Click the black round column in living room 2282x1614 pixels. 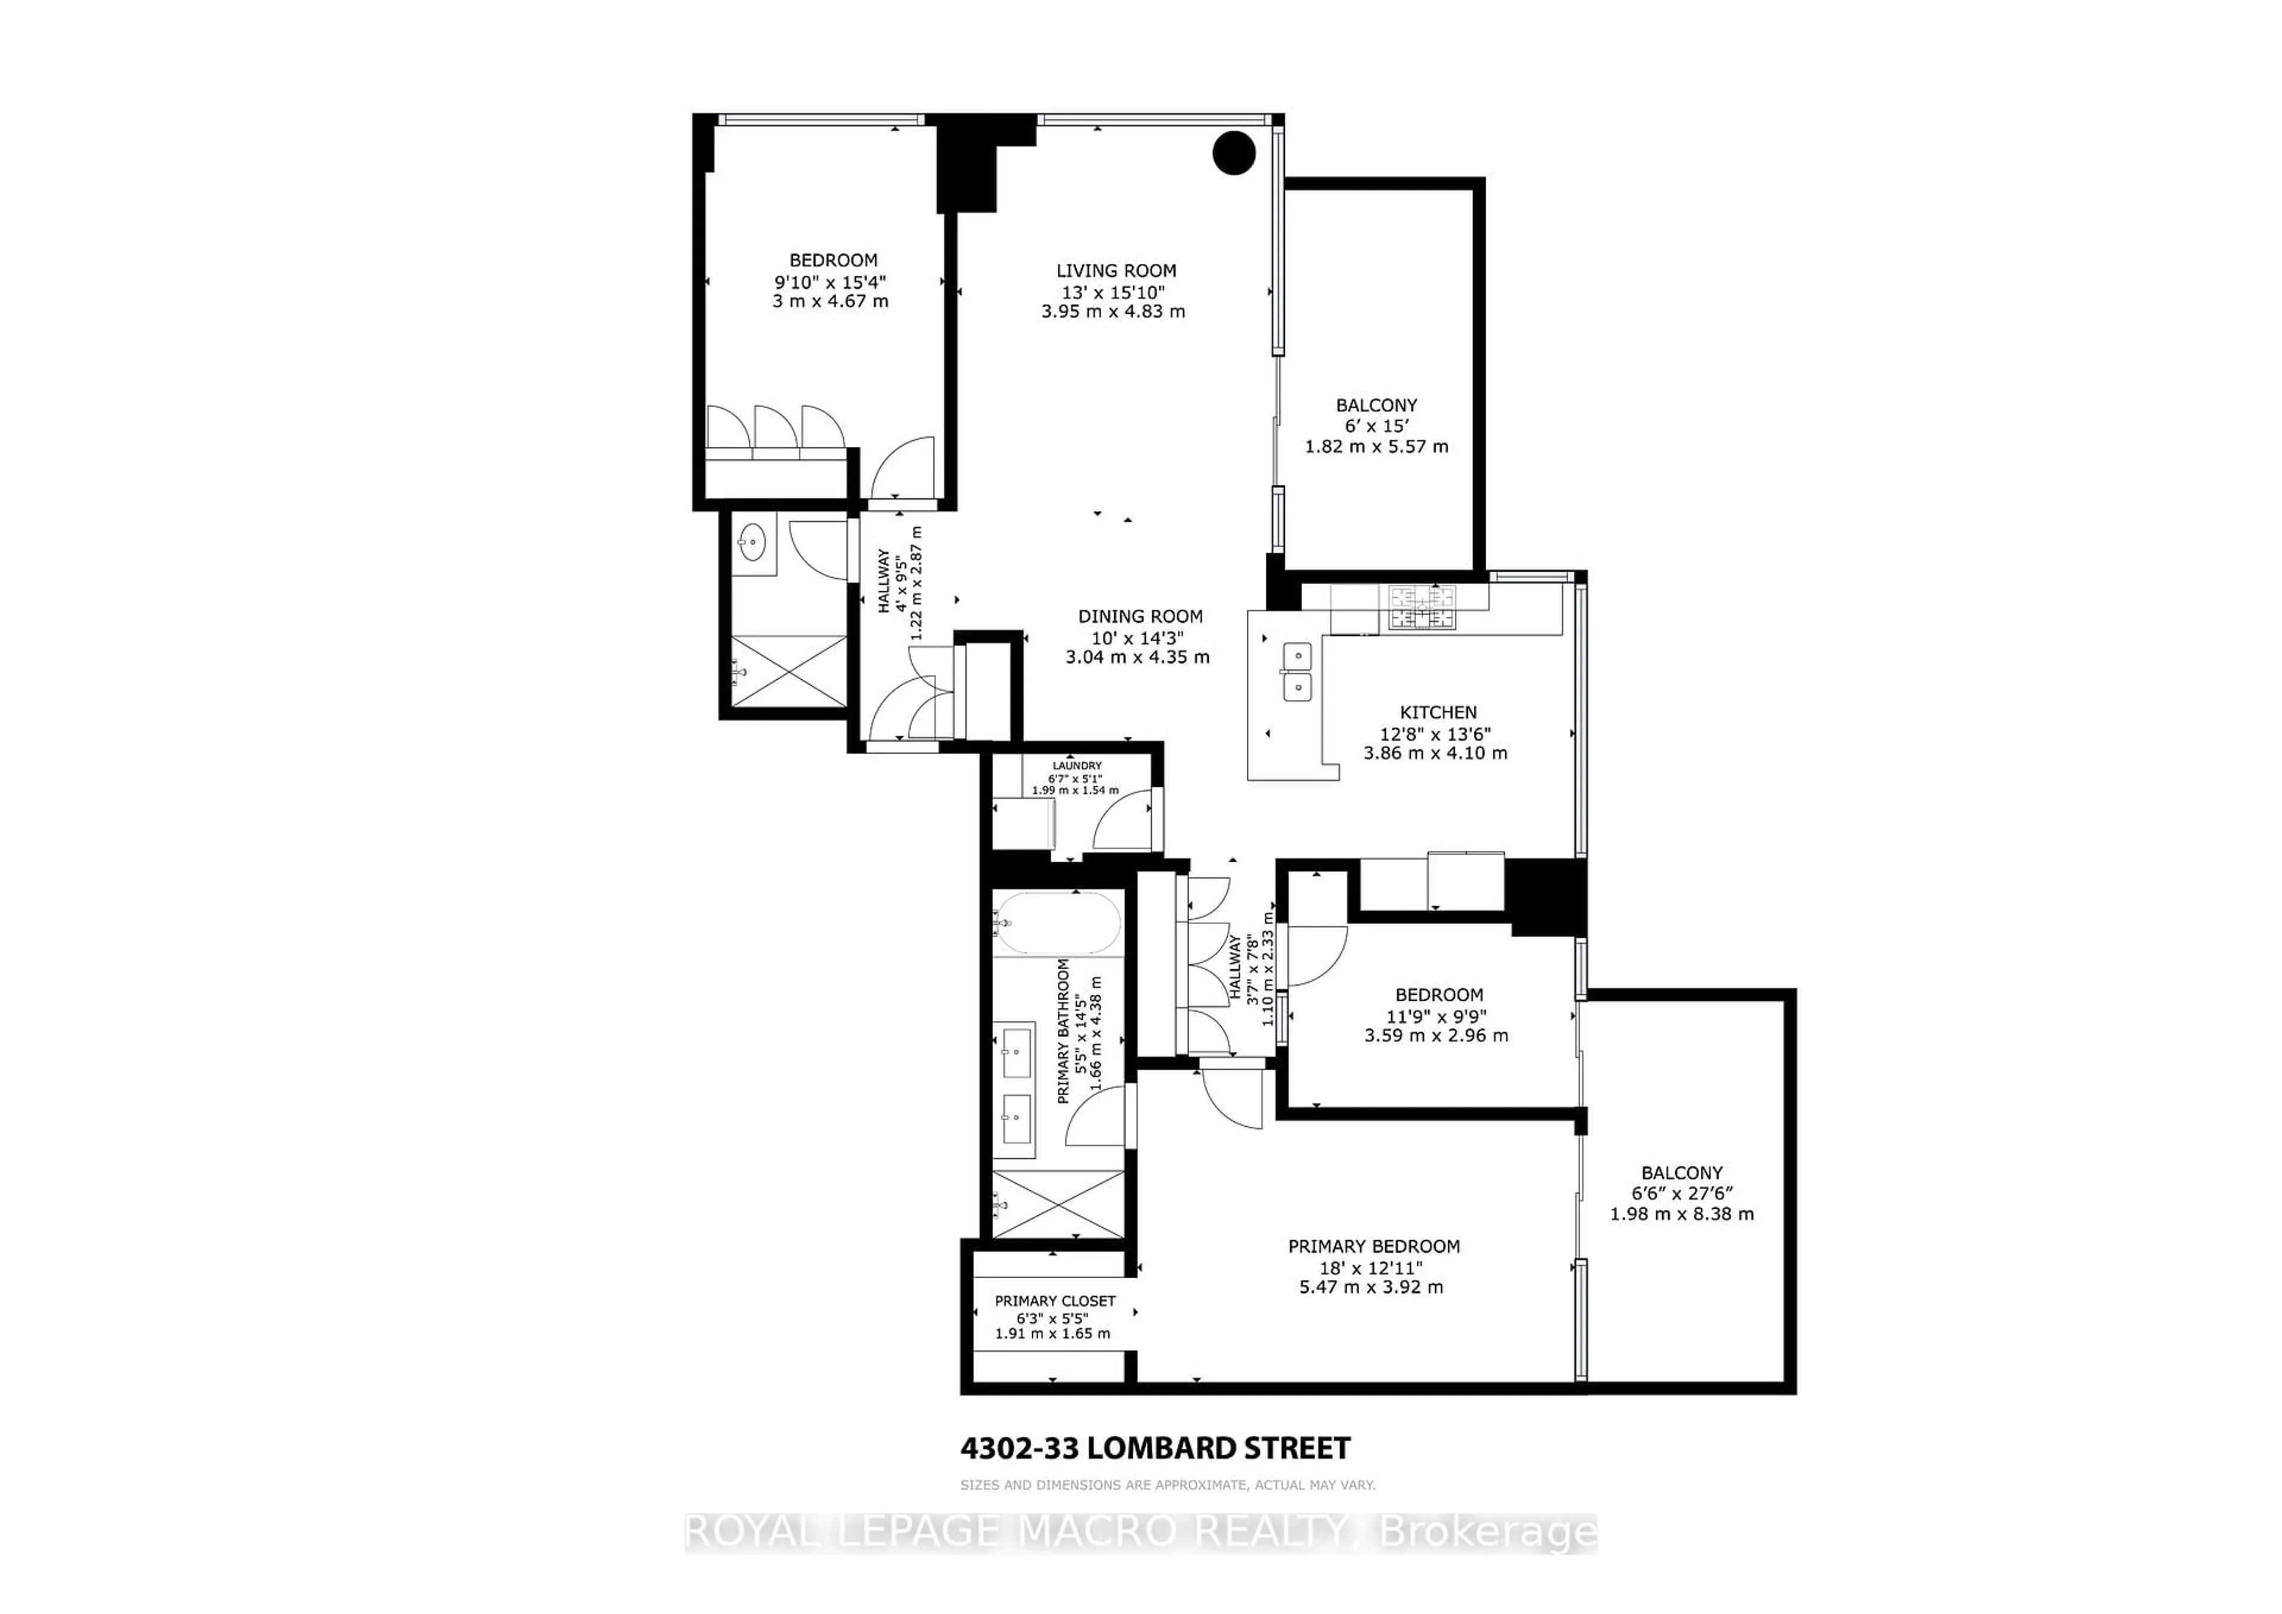pyautogui.click(x=1234, y=153)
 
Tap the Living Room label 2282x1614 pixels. pyautogui.click(x=1115, y=270)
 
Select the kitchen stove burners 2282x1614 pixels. pyautogui.click(x=1421, y=609)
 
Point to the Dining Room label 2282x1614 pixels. pyautogui.click(x=1140, y=616)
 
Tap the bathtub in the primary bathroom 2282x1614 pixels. pyautogui.click(x=1058, y=923)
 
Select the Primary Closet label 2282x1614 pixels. pyautogui.click(x=1054, y=1300)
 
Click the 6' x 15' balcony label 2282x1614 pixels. pyautogui.click(x=1376, y=405)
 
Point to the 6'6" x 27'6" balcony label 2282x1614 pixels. pyautogui.click(x=1682, y=1172)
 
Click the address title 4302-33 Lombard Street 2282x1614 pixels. pyautogui.click(x=1155, y=1448)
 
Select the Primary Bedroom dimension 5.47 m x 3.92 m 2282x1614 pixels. pyautogui.click(x=1372, y=1287)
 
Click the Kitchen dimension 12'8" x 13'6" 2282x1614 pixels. pyautogui.click(x=1435, y=733)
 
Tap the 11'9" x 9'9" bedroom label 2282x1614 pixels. pyautogui.click(x=1438, y=995)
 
